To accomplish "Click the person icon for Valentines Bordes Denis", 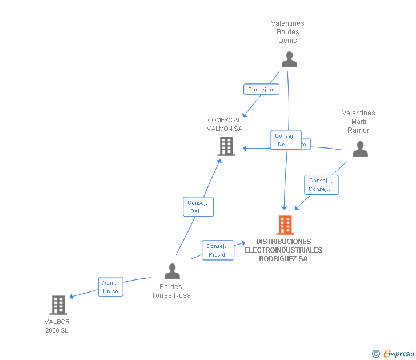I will point(289,59).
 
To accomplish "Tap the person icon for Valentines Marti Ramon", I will point(360,149).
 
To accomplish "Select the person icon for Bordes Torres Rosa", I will point(172,271).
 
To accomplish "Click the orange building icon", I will point(285,225).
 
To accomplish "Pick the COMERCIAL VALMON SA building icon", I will point(226,146).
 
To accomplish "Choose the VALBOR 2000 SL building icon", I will point(58,305).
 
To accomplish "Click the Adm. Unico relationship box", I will point(110,287).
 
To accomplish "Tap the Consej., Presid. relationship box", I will point(218,250).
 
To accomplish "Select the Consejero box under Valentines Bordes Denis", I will point(261,89).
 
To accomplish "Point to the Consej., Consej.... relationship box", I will point(321,185).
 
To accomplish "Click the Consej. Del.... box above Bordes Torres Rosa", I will point(198,206).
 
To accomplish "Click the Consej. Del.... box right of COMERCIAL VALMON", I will point(285,140).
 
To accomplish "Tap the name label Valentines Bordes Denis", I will point(287,32).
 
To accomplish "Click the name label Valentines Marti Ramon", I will point(359,122).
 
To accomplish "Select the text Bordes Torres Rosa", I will point(171,291).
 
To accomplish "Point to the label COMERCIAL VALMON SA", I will point(225,124).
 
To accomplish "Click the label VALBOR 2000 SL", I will point(57,326).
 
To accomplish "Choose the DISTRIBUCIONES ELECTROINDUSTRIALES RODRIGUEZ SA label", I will point(283,250).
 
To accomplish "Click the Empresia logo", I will point(399,354).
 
